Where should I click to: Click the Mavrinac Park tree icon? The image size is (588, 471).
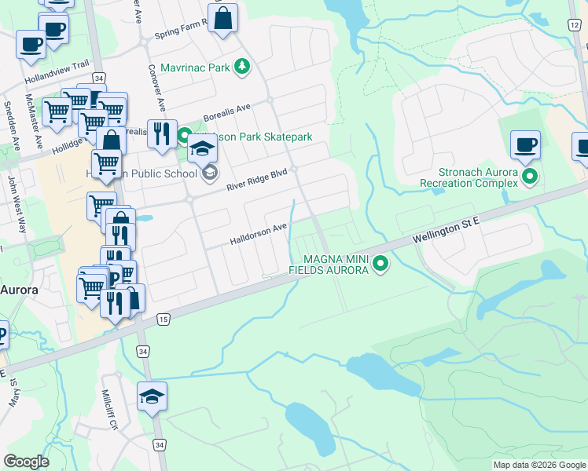point(243,68)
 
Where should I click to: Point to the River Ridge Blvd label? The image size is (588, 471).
point(257,181)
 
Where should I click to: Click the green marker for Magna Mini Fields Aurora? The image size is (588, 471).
point(381,264)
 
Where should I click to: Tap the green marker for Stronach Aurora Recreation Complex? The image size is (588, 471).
point(529,177)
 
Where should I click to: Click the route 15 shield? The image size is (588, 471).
point(163,319)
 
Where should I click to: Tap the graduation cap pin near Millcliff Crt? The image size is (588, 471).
point(152,396)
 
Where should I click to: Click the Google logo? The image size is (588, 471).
point(26,462)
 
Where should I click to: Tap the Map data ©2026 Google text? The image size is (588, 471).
point(539,465)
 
